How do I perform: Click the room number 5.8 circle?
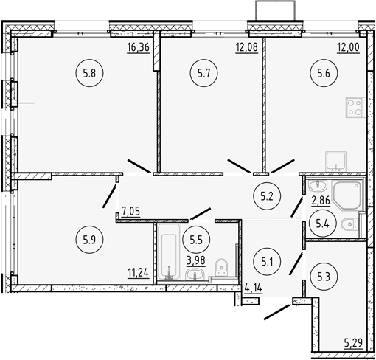(x=88, y=73)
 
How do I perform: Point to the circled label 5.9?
(x=88, y=238)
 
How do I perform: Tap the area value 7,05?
(x=131, y=212)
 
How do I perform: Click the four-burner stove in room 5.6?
(x=354, y=108)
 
